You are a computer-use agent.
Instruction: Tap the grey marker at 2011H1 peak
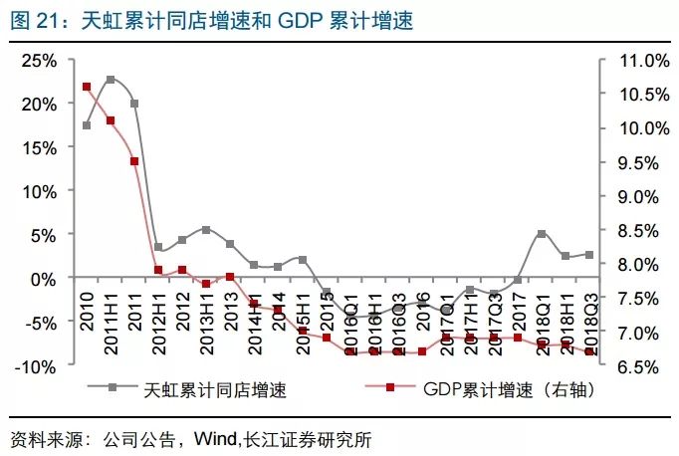[111, 79]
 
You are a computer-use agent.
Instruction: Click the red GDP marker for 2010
[87, 87]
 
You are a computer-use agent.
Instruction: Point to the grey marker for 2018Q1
[541, 234]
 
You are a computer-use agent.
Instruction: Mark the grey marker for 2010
[87, 125]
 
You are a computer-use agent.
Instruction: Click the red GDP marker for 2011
[134, 161]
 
